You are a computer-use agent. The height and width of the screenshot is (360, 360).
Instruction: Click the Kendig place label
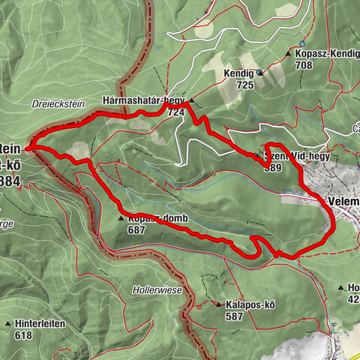coord(238,73)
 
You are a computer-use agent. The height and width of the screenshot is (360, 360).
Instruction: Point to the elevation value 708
coord(303,66)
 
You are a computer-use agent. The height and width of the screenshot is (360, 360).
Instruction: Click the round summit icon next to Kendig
coord(259,73)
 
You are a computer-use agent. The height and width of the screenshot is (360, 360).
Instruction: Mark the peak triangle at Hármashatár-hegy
coord(191,100)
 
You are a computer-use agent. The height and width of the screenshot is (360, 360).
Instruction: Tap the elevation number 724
coord(176,112)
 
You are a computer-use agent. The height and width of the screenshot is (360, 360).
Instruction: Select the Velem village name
coord(343,201)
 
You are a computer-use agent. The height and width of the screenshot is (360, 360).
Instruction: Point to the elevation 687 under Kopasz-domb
coord(136,230)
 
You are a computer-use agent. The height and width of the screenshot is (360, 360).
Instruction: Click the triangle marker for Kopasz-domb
coord(120,219)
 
